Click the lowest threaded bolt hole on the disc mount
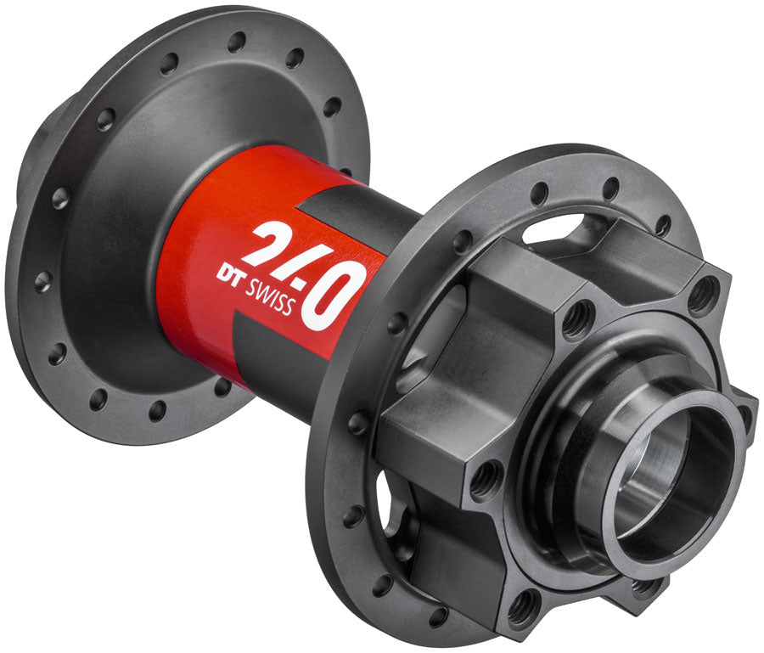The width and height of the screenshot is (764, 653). point(524,604)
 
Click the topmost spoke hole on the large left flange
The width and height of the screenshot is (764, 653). point(237,41)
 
